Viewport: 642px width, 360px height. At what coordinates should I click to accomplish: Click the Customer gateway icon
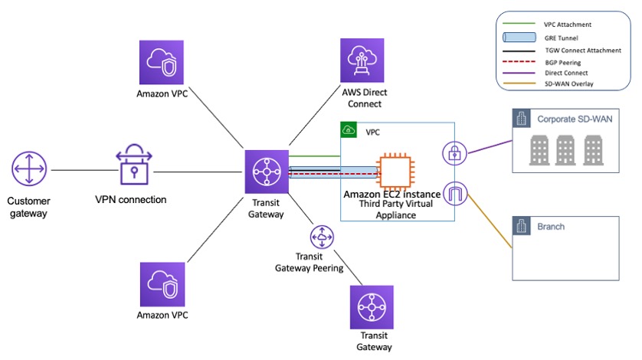click(x=29, y=169)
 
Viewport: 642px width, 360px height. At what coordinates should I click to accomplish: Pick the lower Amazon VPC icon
click(x=162, y=284)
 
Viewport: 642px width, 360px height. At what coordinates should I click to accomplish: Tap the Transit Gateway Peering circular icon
click(x=321, y=235)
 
